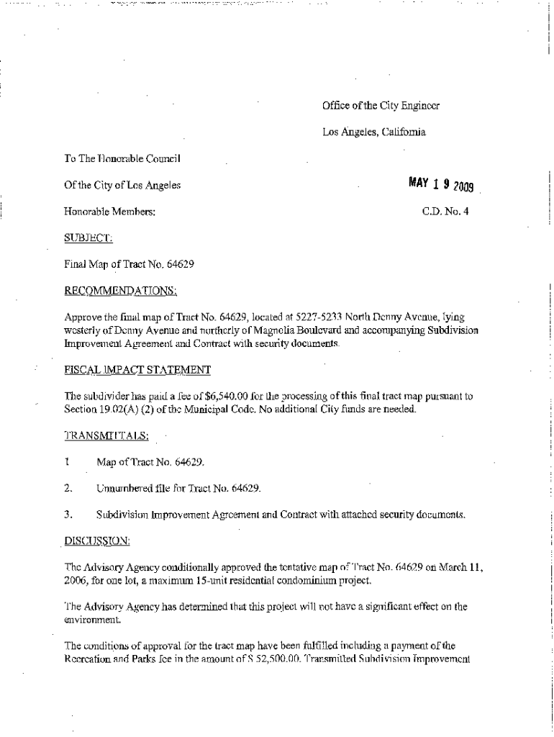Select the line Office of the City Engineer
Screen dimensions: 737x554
click(381, 106)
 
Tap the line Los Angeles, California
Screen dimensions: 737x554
click(373, 132)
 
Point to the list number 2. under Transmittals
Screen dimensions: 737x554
click(68, 489)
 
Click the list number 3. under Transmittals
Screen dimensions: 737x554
click(68, 515)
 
